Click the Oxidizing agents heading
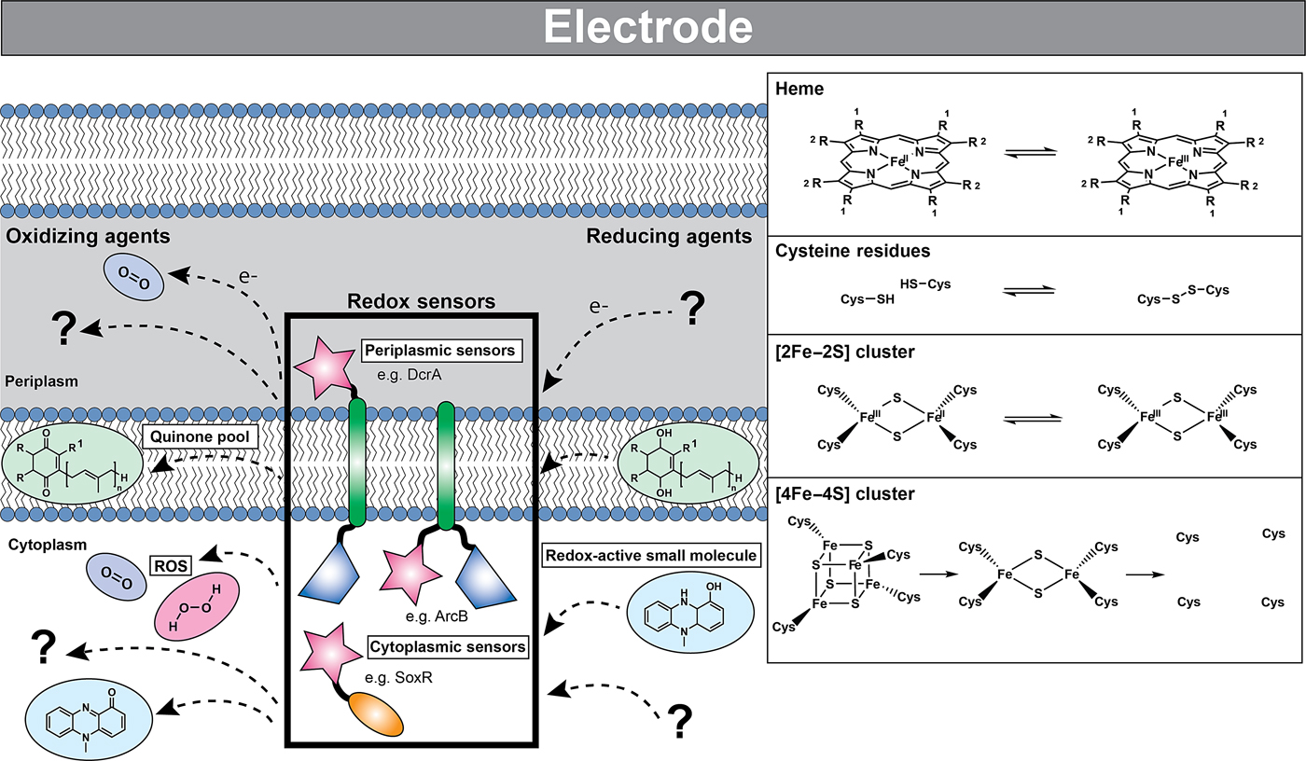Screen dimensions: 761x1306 [x=89, y=236]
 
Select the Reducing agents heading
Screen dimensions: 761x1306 [x=669, y=236]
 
